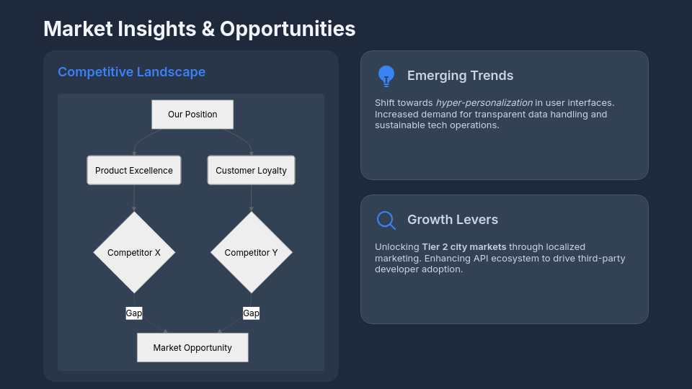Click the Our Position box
pos(192,115)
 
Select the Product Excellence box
pos(134,171)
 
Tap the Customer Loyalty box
pos(251,171)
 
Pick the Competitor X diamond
pos(134,253)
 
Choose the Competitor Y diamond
pos(251,253)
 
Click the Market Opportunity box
pos(192,347)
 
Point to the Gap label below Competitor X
pos(134,313)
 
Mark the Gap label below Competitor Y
pos(251,313)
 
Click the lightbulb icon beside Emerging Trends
pos(386,76)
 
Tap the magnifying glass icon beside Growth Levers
pos(386,220)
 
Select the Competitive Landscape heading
pos(131,72)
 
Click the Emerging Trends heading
pos(460,76)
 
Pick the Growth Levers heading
pos(452,220)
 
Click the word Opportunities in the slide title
pos(288,29)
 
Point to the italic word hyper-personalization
pos(484,103)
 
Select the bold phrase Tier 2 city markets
pos(464,247)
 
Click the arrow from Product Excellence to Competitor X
pos(134,198)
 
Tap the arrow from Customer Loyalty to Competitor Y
pos(251,198)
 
